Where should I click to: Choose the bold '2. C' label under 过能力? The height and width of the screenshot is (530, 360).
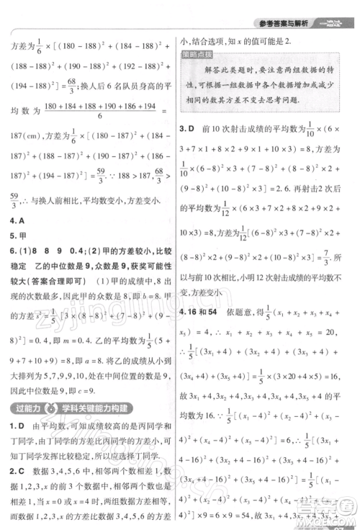(x=18, y=470)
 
